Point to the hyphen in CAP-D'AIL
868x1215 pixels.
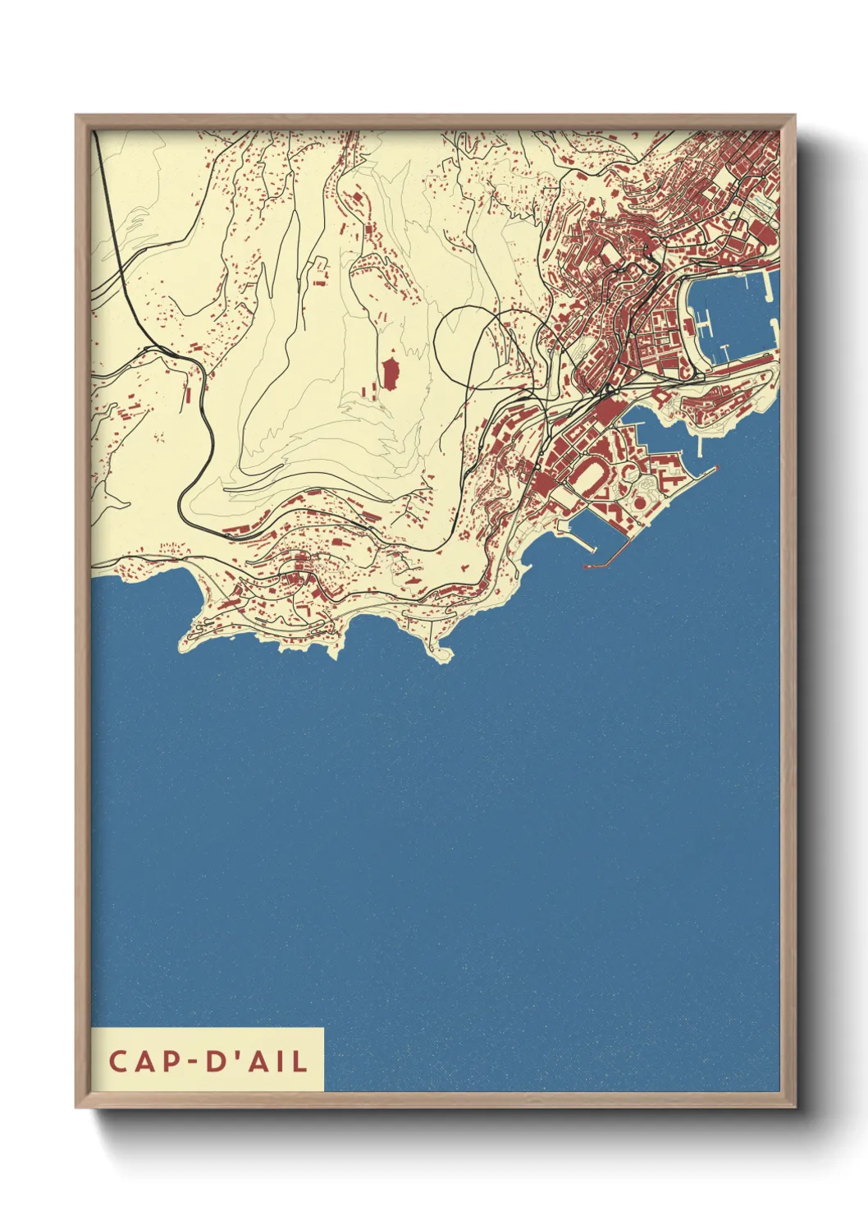click(194, 1062)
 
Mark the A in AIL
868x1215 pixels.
click(258, 1061)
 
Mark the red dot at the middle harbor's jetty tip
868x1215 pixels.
click(717, 469)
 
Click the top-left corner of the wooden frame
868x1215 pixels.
click(76, 116)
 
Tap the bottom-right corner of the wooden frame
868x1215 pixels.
click(795, 1107)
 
